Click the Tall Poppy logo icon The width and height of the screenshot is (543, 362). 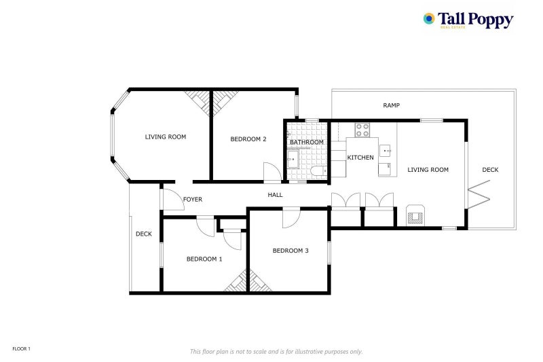(429, 19)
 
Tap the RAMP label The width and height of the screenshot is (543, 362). (391, 105)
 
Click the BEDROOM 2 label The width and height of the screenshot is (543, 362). (248, 139)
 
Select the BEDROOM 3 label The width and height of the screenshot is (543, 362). (291, 251)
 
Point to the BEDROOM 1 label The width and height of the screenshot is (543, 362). (204, 259)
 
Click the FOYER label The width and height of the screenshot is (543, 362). (193, 199)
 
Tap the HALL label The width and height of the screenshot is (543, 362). (275, 195)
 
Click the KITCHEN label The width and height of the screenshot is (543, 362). (360, 158)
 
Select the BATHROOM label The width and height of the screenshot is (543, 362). (307, 142)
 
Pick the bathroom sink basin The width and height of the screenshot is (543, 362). (293, 160)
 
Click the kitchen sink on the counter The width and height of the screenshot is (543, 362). (385, 149)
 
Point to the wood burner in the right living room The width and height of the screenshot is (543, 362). (414, 216)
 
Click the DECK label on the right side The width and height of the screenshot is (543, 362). (490, 170)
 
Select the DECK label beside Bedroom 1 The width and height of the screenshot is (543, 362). (143, 234)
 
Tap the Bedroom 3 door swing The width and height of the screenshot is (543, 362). (291, 217)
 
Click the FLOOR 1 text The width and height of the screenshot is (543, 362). (22, 348)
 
